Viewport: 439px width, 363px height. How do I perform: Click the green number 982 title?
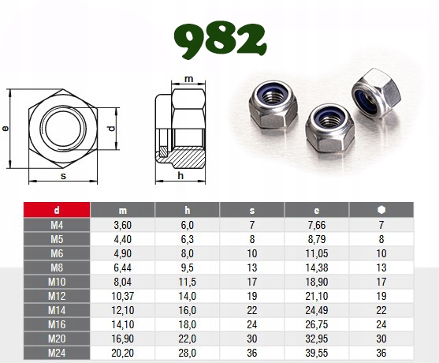tap(220, 39)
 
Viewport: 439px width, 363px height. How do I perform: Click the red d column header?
tap(57, 210)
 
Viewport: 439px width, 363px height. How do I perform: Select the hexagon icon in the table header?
tap(381, 210)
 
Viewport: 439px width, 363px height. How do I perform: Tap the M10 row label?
tap(57, 282)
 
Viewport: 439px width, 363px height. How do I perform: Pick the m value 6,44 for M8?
tap(122, 268)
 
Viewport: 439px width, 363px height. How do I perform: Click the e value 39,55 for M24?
tap(316, 353)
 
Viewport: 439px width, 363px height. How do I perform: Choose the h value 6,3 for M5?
tap(187, 239)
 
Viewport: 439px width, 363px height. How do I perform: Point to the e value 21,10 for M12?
tap(316, 296)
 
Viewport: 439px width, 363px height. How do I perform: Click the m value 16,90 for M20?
tap(122, 339)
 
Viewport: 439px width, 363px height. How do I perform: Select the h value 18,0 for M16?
tap(187, 324)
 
